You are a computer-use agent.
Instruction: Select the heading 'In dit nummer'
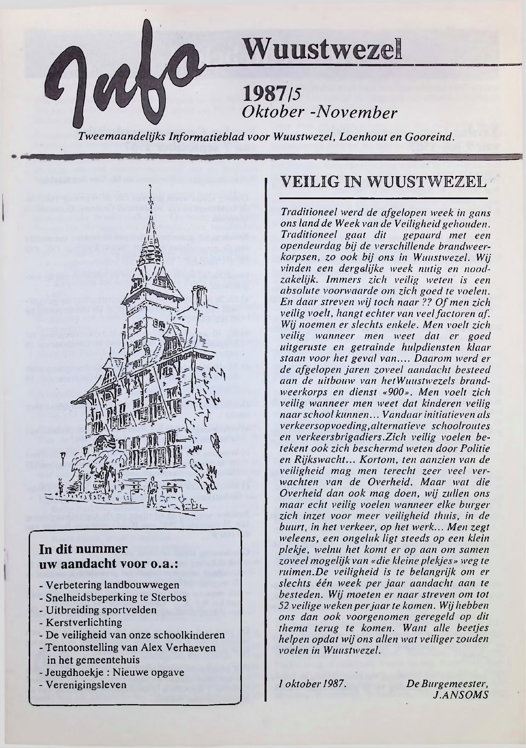click(x=83, y=549)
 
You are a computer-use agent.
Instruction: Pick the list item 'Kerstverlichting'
click(x=84, y=622)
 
